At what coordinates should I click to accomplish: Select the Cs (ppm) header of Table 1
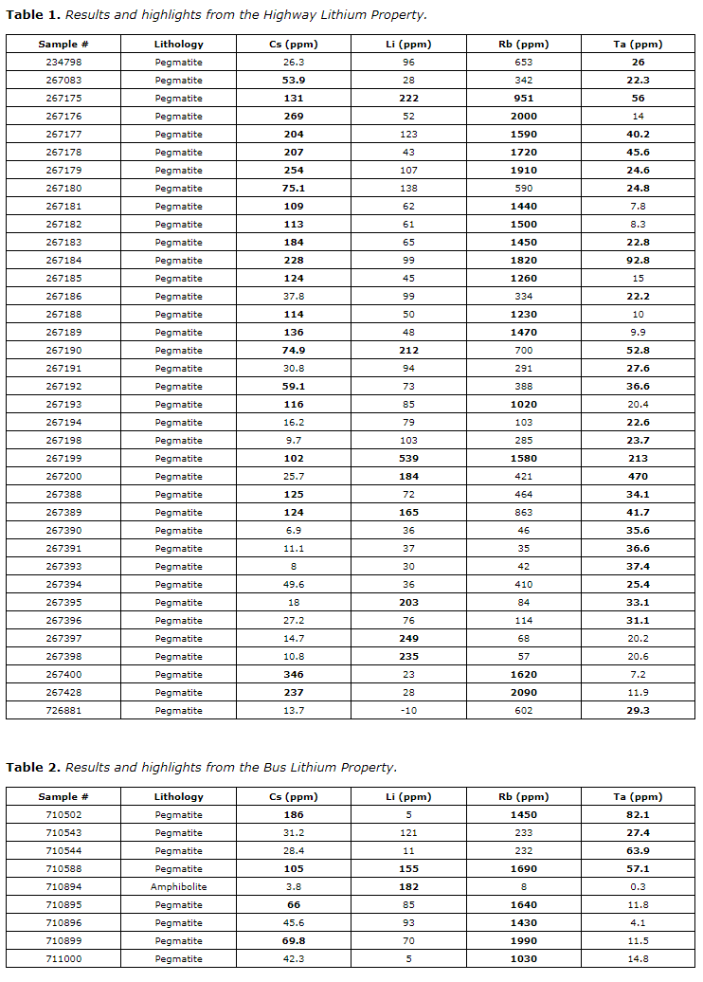294,45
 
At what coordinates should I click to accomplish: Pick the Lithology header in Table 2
178,797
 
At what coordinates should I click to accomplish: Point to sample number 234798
63,63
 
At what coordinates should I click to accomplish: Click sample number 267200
63,477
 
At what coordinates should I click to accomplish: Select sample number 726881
63,711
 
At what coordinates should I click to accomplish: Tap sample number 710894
63,887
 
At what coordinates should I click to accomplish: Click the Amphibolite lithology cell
178,887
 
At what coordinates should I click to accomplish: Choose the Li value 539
408,459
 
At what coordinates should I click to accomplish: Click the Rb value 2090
523,693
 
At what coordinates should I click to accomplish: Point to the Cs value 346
294,675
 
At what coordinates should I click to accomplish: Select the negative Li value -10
408,711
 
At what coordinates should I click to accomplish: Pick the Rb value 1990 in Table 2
523,941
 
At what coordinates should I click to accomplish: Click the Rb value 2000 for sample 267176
523,117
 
